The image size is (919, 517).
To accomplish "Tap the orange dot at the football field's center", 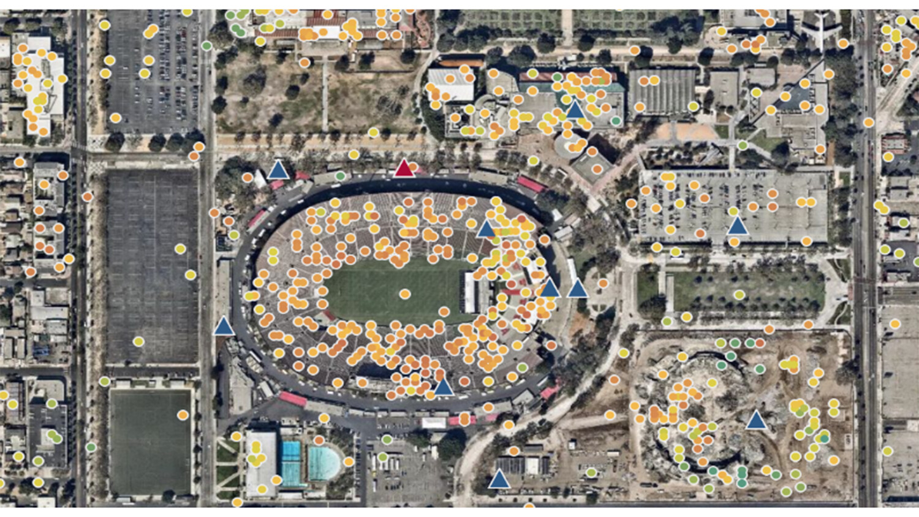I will click(404, 294).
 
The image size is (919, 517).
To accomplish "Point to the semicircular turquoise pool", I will click(323, 464).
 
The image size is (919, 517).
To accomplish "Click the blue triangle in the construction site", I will click(756, 421).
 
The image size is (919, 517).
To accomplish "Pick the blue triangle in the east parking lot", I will click(738, 226).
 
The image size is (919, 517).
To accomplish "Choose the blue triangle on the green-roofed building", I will click(574, 110).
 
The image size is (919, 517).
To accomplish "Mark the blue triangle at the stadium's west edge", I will click(224, 326).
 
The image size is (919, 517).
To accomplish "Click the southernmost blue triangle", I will click(499, 479).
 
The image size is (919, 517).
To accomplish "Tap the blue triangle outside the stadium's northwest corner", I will click(278, 170).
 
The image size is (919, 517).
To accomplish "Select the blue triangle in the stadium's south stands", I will click(443, 387).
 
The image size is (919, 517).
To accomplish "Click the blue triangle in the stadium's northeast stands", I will click(486, 230).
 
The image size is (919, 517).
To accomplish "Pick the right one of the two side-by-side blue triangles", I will click(577, 289).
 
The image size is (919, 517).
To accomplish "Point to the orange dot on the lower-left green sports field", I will click(182, 415).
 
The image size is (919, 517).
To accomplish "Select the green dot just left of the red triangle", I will click(341, 176).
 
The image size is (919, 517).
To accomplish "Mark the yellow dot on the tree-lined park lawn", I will click(739, 295).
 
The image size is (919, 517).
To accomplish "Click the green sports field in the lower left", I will click(150, 441).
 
